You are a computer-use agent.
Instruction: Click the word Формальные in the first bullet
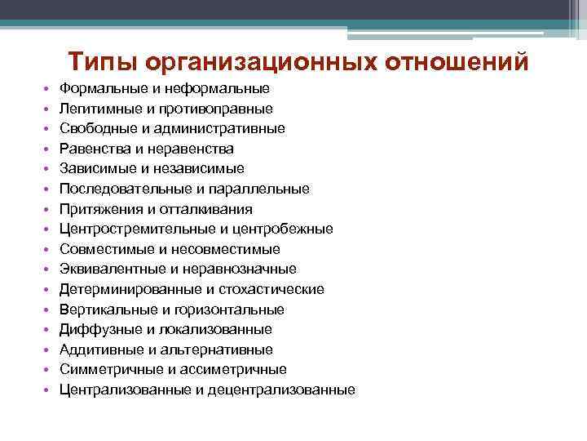[x=100, y=88]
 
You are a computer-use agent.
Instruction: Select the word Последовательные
[x=121, y=189]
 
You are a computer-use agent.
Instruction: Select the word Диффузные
[x=97, y=330]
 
